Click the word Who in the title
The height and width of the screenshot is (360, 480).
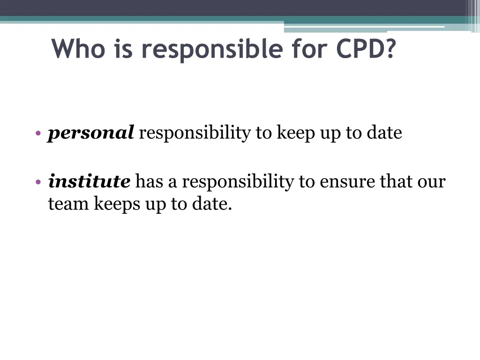click(x=78, y=48)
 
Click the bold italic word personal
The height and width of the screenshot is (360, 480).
click(x=91, y=134)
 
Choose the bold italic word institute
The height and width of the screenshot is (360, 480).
click(x=89, y=181)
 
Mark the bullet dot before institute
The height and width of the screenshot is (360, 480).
click(x=38, y=182)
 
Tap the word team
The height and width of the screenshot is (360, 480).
click(x=68, y=204)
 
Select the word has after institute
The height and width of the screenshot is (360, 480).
click(x=149, y=181)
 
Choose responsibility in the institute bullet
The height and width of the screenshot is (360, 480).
click(x=238, y=181)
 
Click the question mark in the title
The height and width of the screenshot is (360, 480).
click(x=389, y=48)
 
